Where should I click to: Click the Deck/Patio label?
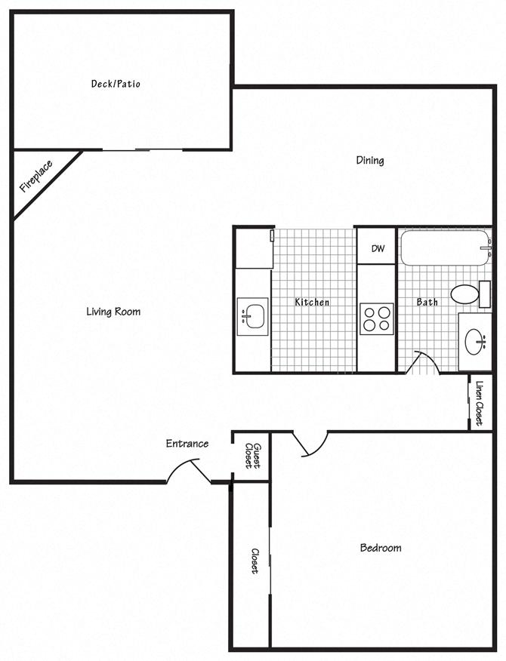pyautogui.click(x=116, y=84)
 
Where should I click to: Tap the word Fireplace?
pyautogui.click(x=35, y=176)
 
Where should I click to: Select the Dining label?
pyautogui.click(x=370, y=160)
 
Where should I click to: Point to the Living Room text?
pyautogui.click(x=113, y=312)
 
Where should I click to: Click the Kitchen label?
pyautogui.click(x=312, y=302)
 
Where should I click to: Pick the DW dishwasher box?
pyautogui.click(x=377, y=248)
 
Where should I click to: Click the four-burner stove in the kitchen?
pyautogui.click(x=376, y=318)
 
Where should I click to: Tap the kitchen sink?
pyautogui.click(x=252, y=316)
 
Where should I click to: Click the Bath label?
pyautogui.click(x=427, y=302)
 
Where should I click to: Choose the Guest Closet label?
pyautogui.click(x=252, y=456)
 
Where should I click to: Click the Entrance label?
pyautogui.click(x=187, y=444)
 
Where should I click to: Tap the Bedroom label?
pyautogui.click(x=380, y=548)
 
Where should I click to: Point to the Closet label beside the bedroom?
pyautogui.click(x=255, y=561)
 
